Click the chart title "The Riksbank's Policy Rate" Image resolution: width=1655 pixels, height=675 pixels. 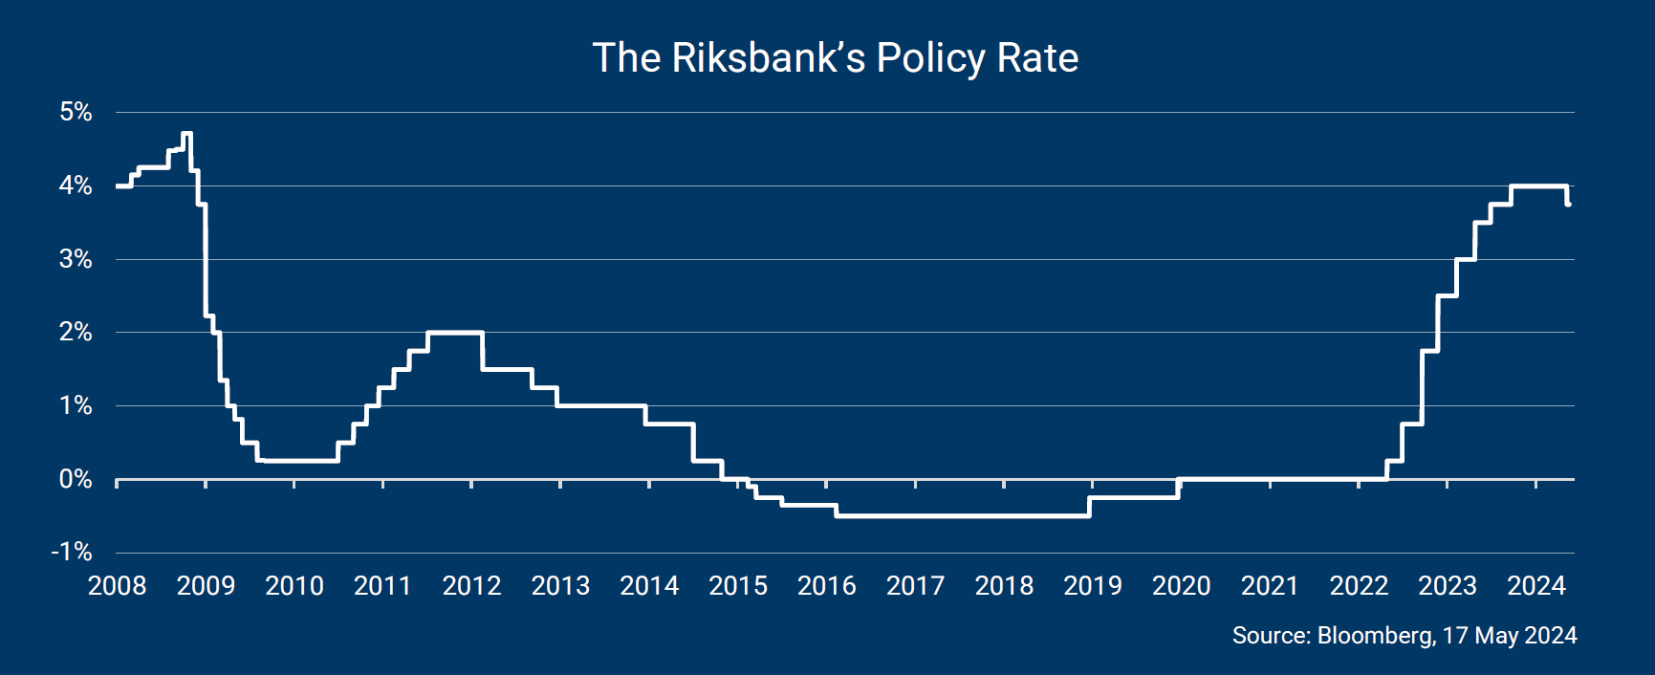click(x=835, y=58)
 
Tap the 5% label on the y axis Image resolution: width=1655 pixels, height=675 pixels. click(x=76, y=112)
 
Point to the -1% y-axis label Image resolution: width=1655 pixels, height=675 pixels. click(x=72, y=552)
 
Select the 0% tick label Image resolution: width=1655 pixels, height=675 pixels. click(x=76, y=479)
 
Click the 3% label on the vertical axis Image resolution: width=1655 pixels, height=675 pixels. click(x=76, y=259)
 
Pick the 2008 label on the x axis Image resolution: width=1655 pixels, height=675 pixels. click(x=117, y=585)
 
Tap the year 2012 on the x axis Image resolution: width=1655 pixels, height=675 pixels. click(x=471, y=585)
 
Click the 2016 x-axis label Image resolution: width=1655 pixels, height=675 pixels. click(x=826, y=585)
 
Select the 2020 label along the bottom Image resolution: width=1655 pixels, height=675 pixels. click(x=1181, y=585)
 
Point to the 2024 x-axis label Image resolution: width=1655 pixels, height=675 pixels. click(x=1535, y=585)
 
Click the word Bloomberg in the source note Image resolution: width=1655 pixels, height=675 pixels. click(x=1375, y=636)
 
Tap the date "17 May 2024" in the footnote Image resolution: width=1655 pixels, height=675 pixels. click(x=1510, y=636)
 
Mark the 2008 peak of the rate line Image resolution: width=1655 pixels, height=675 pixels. click(x=186, y=134)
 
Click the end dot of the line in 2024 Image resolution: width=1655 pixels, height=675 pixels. click(x=1568, y=204)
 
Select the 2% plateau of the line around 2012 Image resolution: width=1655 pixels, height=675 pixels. click(x=454, y=333)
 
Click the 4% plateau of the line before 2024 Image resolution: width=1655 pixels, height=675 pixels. click(x=1538, y=185)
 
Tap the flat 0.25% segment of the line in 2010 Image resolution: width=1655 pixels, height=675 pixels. click(x=296, y=461)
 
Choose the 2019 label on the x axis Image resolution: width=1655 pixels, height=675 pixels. click(x=1092, y=585)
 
